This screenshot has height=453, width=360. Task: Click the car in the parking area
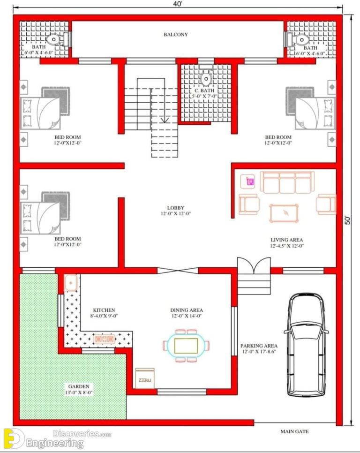[306, 345]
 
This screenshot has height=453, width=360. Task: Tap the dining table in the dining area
[186, 346]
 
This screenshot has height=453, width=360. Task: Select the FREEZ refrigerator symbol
[145, 377]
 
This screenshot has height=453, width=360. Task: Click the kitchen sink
[71, 283]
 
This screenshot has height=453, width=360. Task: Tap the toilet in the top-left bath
[55, 39]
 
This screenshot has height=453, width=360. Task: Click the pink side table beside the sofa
[250, 181]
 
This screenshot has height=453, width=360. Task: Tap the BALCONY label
[176, 35]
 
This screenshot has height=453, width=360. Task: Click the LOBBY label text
[176, 208]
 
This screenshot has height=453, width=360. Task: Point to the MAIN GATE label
[294, 431]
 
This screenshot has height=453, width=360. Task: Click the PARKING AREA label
[260, 346]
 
